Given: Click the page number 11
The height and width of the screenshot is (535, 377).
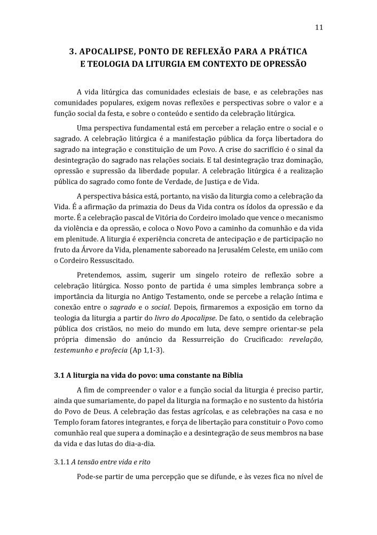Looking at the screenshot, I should (x=319, y=28).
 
